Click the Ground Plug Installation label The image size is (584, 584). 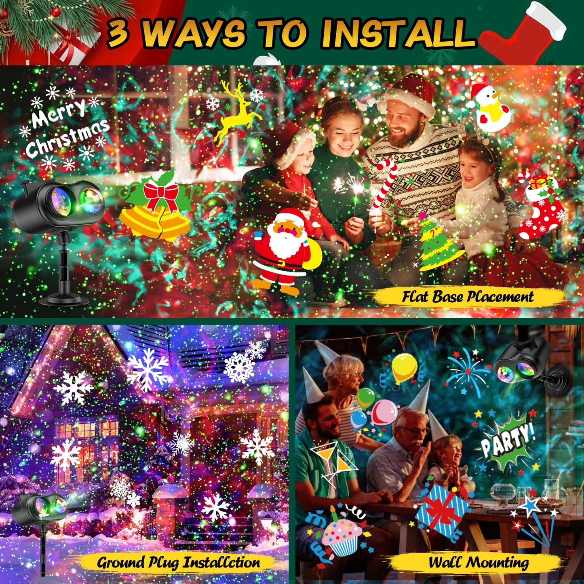(178, 562)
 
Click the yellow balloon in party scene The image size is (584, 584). (405, 368)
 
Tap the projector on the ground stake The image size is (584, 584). (39, 511)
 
